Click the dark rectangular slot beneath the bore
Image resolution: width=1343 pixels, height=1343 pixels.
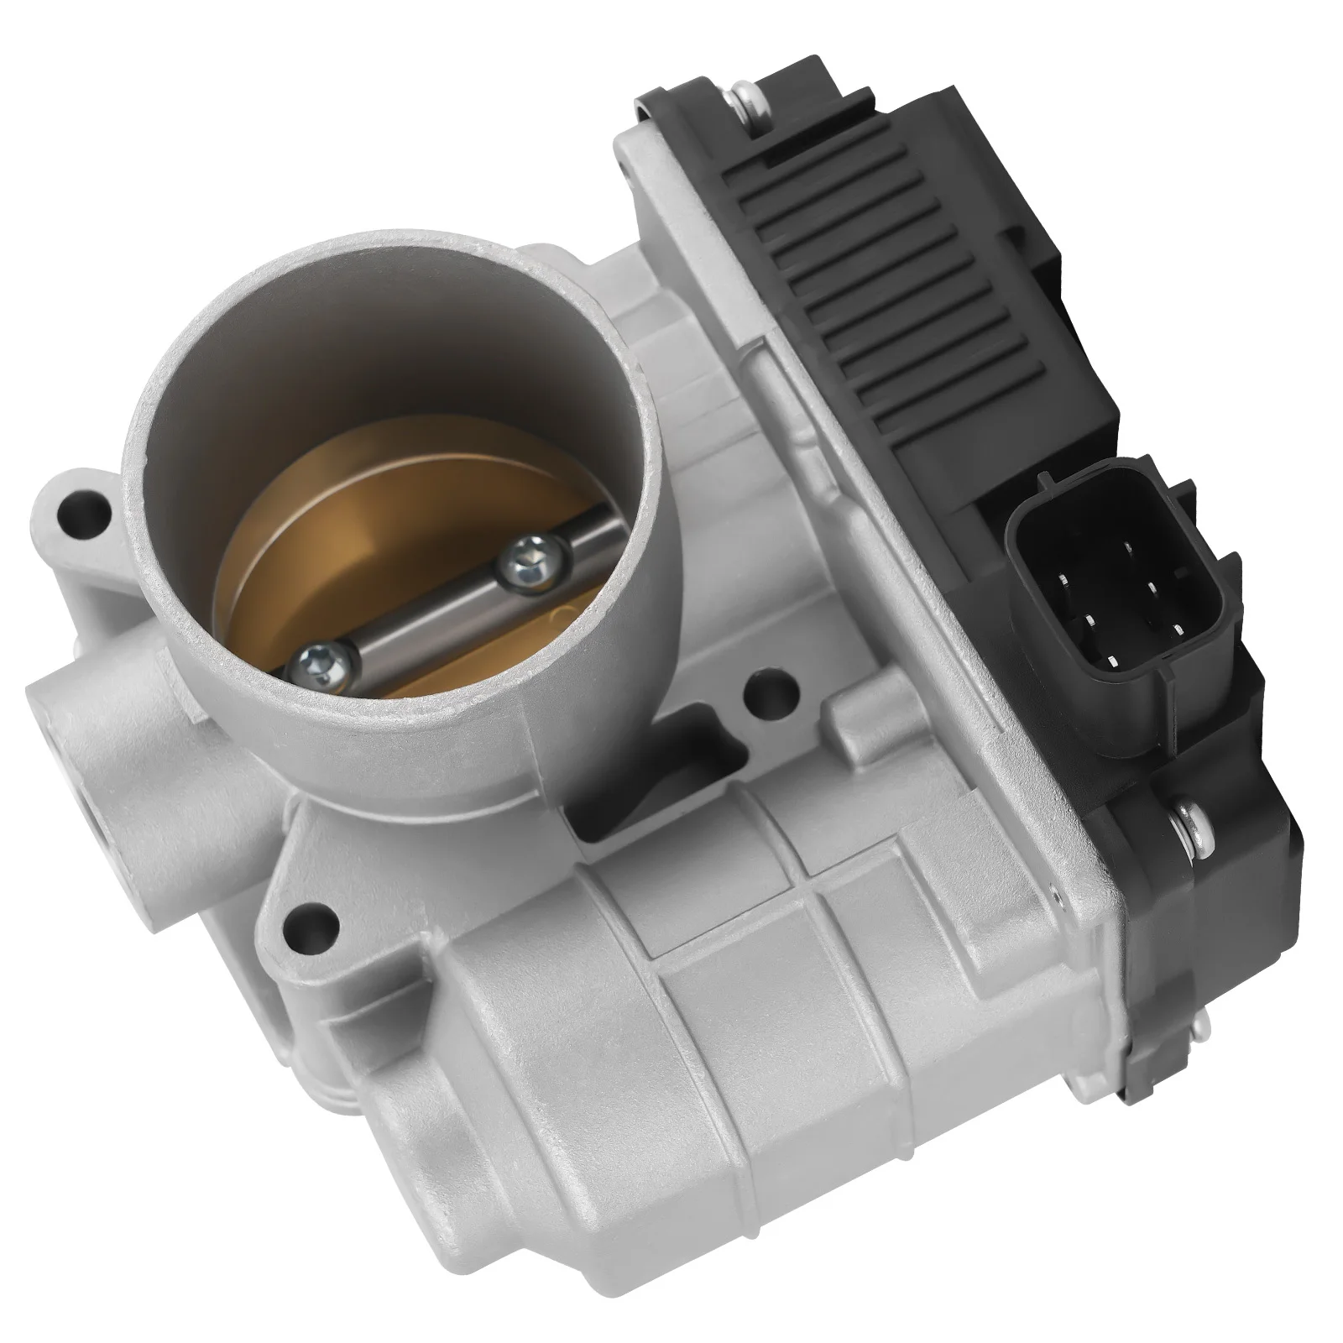coord(663,747)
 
